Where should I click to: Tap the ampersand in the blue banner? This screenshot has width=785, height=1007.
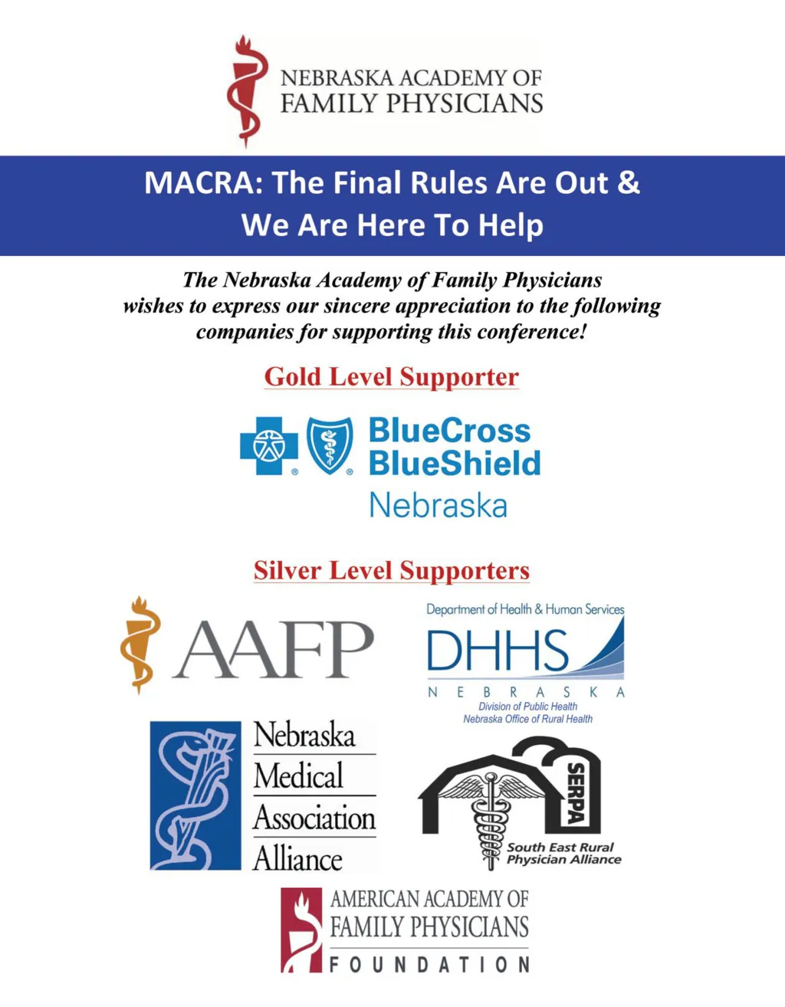coord(628,183)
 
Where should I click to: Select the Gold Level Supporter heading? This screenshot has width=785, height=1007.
coord(392,377)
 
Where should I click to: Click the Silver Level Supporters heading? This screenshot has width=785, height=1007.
coord(392,571)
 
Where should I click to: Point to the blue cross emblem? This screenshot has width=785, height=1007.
coord(268,445)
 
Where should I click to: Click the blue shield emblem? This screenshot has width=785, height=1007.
coord(330,445)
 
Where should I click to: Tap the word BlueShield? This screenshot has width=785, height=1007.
coord(455,464)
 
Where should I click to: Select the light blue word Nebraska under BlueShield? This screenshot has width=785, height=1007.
coord(438,506)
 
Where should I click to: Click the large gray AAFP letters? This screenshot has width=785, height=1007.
coord(274,650)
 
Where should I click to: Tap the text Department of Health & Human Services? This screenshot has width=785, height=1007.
coord(525,609)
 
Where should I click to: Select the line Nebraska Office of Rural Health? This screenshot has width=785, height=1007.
coord(527,719)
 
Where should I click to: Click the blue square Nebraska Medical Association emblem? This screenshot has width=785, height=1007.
coord(195,795)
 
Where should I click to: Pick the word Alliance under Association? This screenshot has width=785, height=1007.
coord(297,859)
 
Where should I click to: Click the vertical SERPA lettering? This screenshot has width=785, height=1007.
coord(576,793)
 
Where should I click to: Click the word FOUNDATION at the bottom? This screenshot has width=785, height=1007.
coord(429,964)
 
